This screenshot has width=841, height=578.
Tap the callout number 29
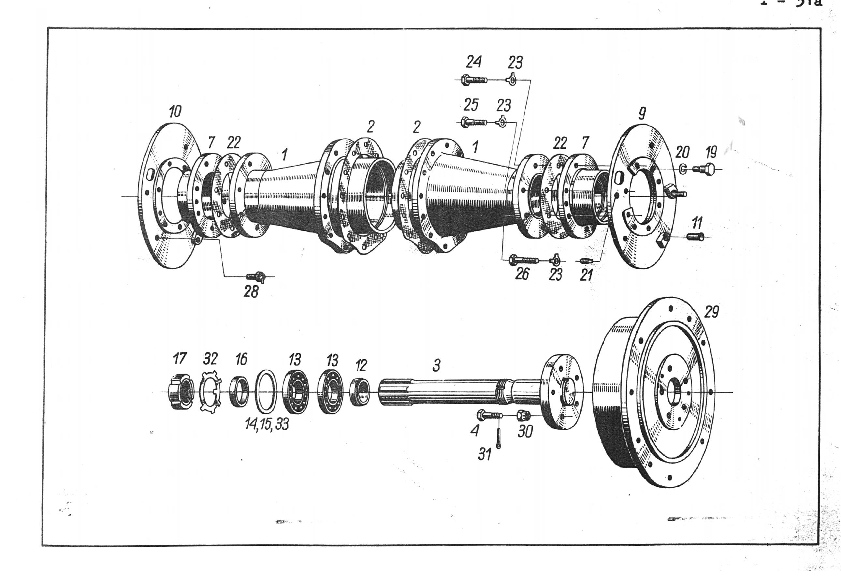[711, 311]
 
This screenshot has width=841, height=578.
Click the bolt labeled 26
[523, 260]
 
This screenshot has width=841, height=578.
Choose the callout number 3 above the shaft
[436, 365]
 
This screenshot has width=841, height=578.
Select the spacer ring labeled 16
[239, 391]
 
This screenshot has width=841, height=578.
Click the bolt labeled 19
[703, 169]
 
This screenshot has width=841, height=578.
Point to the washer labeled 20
[683, 169]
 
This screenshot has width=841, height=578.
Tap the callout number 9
[642, 114]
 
